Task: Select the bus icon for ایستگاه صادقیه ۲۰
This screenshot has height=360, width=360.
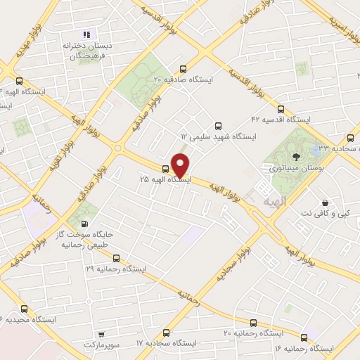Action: (183, 69)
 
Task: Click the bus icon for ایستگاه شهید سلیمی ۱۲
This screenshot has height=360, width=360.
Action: (217, 124)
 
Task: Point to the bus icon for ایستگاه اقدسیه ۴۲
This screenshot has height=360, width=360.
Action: (281, 109)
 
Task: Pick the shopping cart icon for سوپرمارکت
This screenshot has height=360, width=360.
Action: (102, 335)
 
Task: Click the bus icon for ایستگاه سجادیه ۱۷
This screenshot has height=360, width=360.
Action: (166, 332)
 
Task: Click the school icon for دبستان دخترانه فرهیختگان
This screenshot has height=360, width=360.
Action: (86, 33)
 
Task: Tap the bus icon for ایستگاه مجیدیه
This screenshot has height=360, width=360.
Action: (25, 309)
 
